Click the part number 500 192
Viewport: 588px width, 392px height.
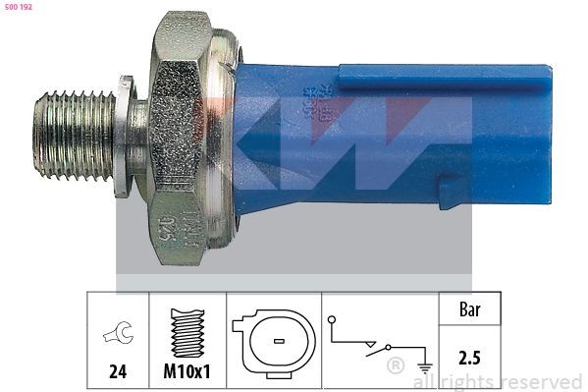pos(20,8)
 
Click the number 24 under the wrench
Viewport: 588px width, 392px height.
pos(117,373)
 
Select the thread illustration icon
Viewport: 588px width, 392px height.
pos(186,333)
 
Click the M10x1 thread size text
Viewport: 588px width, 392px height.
pos(186,373)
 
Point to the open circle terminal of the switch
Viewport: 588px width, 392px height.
pos(333,319)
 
